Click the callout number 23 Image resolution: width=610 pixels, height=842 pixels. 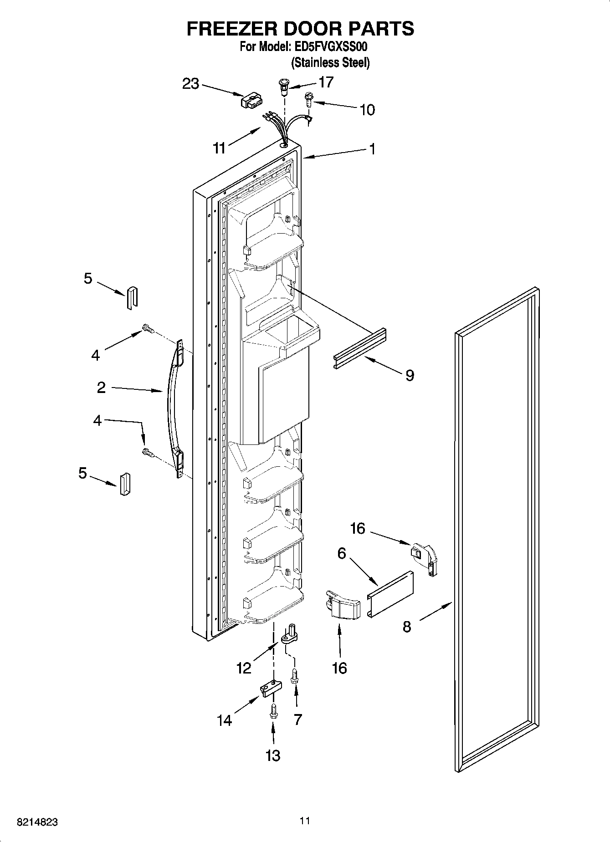(191, 84)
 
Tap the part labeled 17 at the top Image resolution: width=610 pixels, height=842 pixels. (284, 87)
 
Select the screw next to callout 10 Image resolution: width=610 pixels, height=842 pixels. (308, 99)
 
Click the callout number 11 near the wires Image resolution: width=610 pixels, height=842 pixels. (219, 148)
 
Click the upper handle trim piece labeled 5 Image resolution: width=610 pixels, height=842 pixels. (131, 298)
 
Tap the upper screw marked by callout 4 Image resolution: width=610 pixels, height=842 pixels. (148, 328)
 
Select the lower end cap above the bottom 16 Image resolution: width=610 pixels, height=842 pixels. (343, 605)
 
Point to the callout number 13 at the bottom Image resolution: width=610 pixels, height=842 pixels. (273, 755)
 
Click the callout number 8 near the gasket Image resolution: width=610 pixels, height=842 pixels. (407, 627)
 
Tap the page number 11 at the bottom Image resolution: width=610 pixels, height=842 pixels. (305, 821)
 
